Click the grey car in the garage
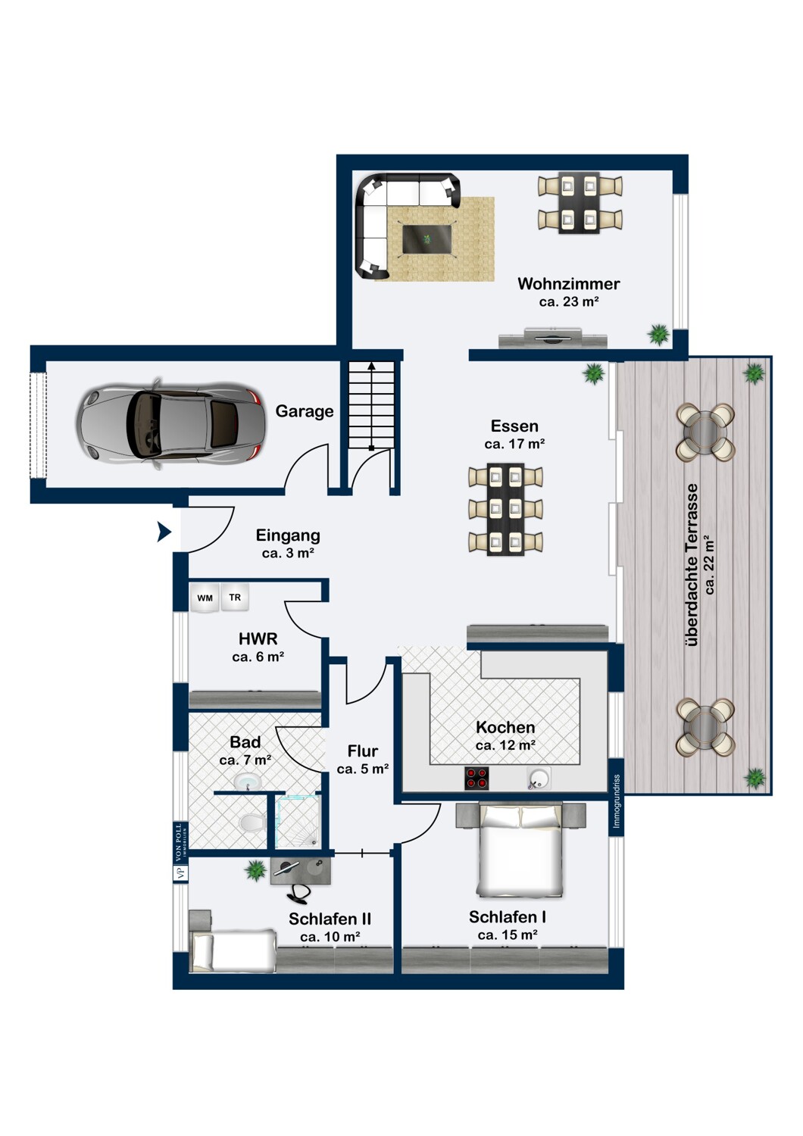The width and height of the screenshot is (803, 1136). tap(170, 423)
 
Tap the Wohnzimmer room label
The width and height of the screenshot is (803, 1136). tap(568, 283)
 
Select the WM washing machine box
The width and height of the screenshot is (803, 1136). tap(205, 598)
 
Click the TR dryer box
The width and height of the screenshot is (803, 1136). tap(234, 598)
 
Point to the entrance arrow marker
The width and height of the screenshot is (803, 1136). tap(164, 532)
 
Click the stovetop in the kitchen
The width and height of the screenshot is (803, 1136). tap(476, 779)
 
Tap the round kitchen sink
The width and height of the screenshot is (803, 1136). tap(538, 779)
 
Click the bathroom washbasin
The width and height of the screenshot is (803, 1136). tap(248, 782)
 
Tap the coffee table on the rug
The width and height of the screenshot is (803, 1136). tap(426, 239)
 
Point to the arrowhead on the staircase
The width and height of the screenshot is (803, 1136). tap(371, 365)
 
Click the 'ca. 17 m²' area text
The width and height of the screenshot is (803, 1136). tap(514, 445)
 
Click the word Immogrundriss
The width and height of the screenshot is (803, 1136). tap(617, 801)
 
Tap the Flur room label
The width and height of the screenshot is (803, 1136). tap(363, 751)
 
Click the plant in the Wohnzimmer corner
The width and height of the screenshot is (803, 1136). tap(658, 335)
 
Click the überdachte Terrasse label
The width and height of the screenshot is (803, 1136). tap(692, 564)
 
